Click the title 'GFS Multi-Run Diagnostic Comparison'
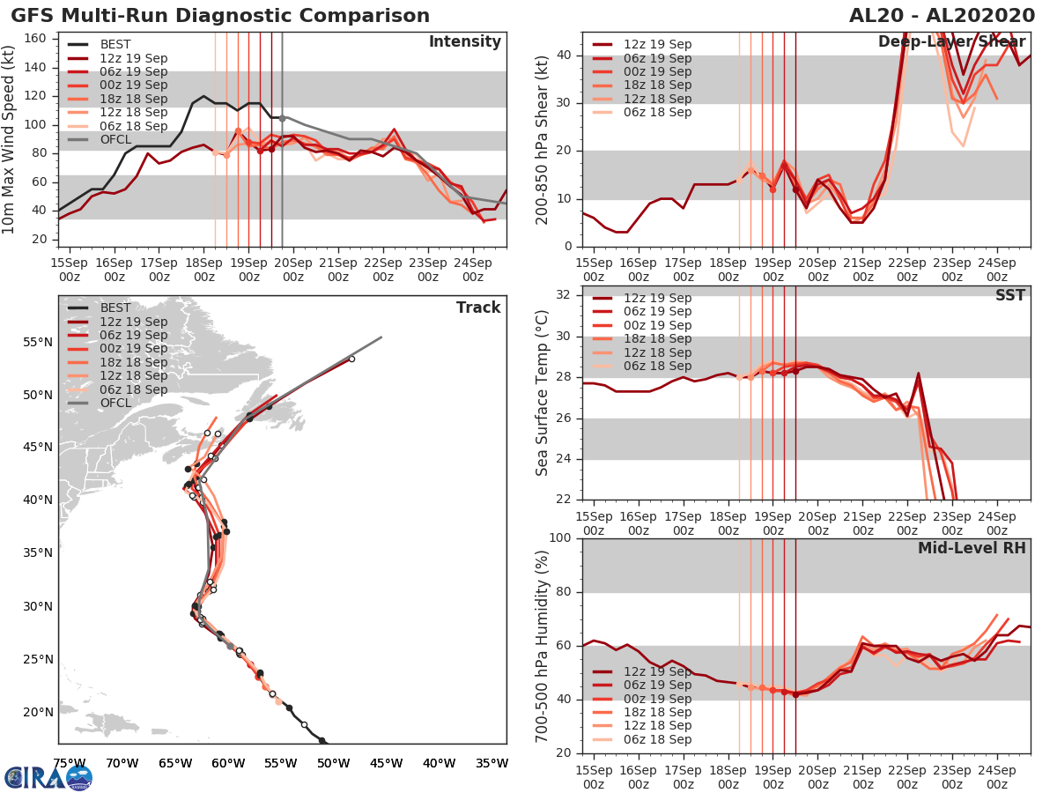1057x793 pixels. [x=220, y=16]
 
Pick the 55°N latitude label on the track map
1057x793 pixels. [x=38, y=341]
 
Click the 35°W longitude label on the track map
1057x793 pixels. [x=492, y=763]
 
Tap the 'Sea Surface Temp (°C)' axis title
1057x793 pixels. [x=542, y=392]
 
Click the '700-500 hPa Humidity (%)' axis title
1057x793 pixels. [x=542, y=644]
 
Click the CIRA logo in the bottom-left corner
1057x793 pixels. [x=48, y=777]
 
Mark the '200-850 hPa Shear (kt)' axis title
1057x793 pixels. [x=542, y=138]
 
